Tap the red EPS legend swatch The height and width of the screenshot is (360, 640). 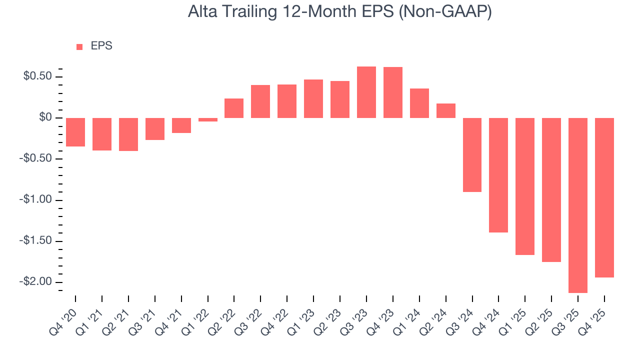click(x=79, y=47)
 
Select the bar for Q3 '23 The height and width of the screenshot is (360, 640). click(x=366, y=92)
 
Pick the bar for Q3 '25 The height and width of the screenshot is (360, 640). click(x=577, y=205)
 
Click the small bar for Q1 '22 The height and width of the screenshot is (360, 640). click(x=208, y=120)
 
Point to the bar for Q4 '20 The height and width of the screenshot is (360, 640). click(x=75, y=132)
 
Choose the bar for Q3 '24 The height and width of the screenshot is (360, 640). click(x=472, y=155)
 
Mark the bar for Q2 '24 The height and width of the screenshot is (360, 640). click(x=446, y=111)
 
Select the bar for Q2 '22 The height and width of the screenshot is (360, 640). click(x=234, y=108)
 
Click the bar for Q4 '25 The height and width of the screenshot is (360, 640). click(x=604, y=197)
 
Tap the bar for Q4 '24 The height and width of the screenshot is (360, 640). click(x=498, y=175)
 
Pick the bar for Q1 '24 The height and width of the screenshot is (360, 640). click(x=419, y=103)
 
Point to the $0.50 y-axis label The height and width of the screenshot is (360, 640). click(x=37, y=76)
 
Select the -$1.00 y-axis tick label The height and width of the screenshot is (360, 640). click(x=35, y=200)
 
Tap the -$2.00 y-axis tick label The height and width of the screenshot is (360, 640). click(x=35, y=282)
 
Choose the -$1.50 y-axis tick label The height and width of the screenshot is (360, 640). click(x=35, y=241)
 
